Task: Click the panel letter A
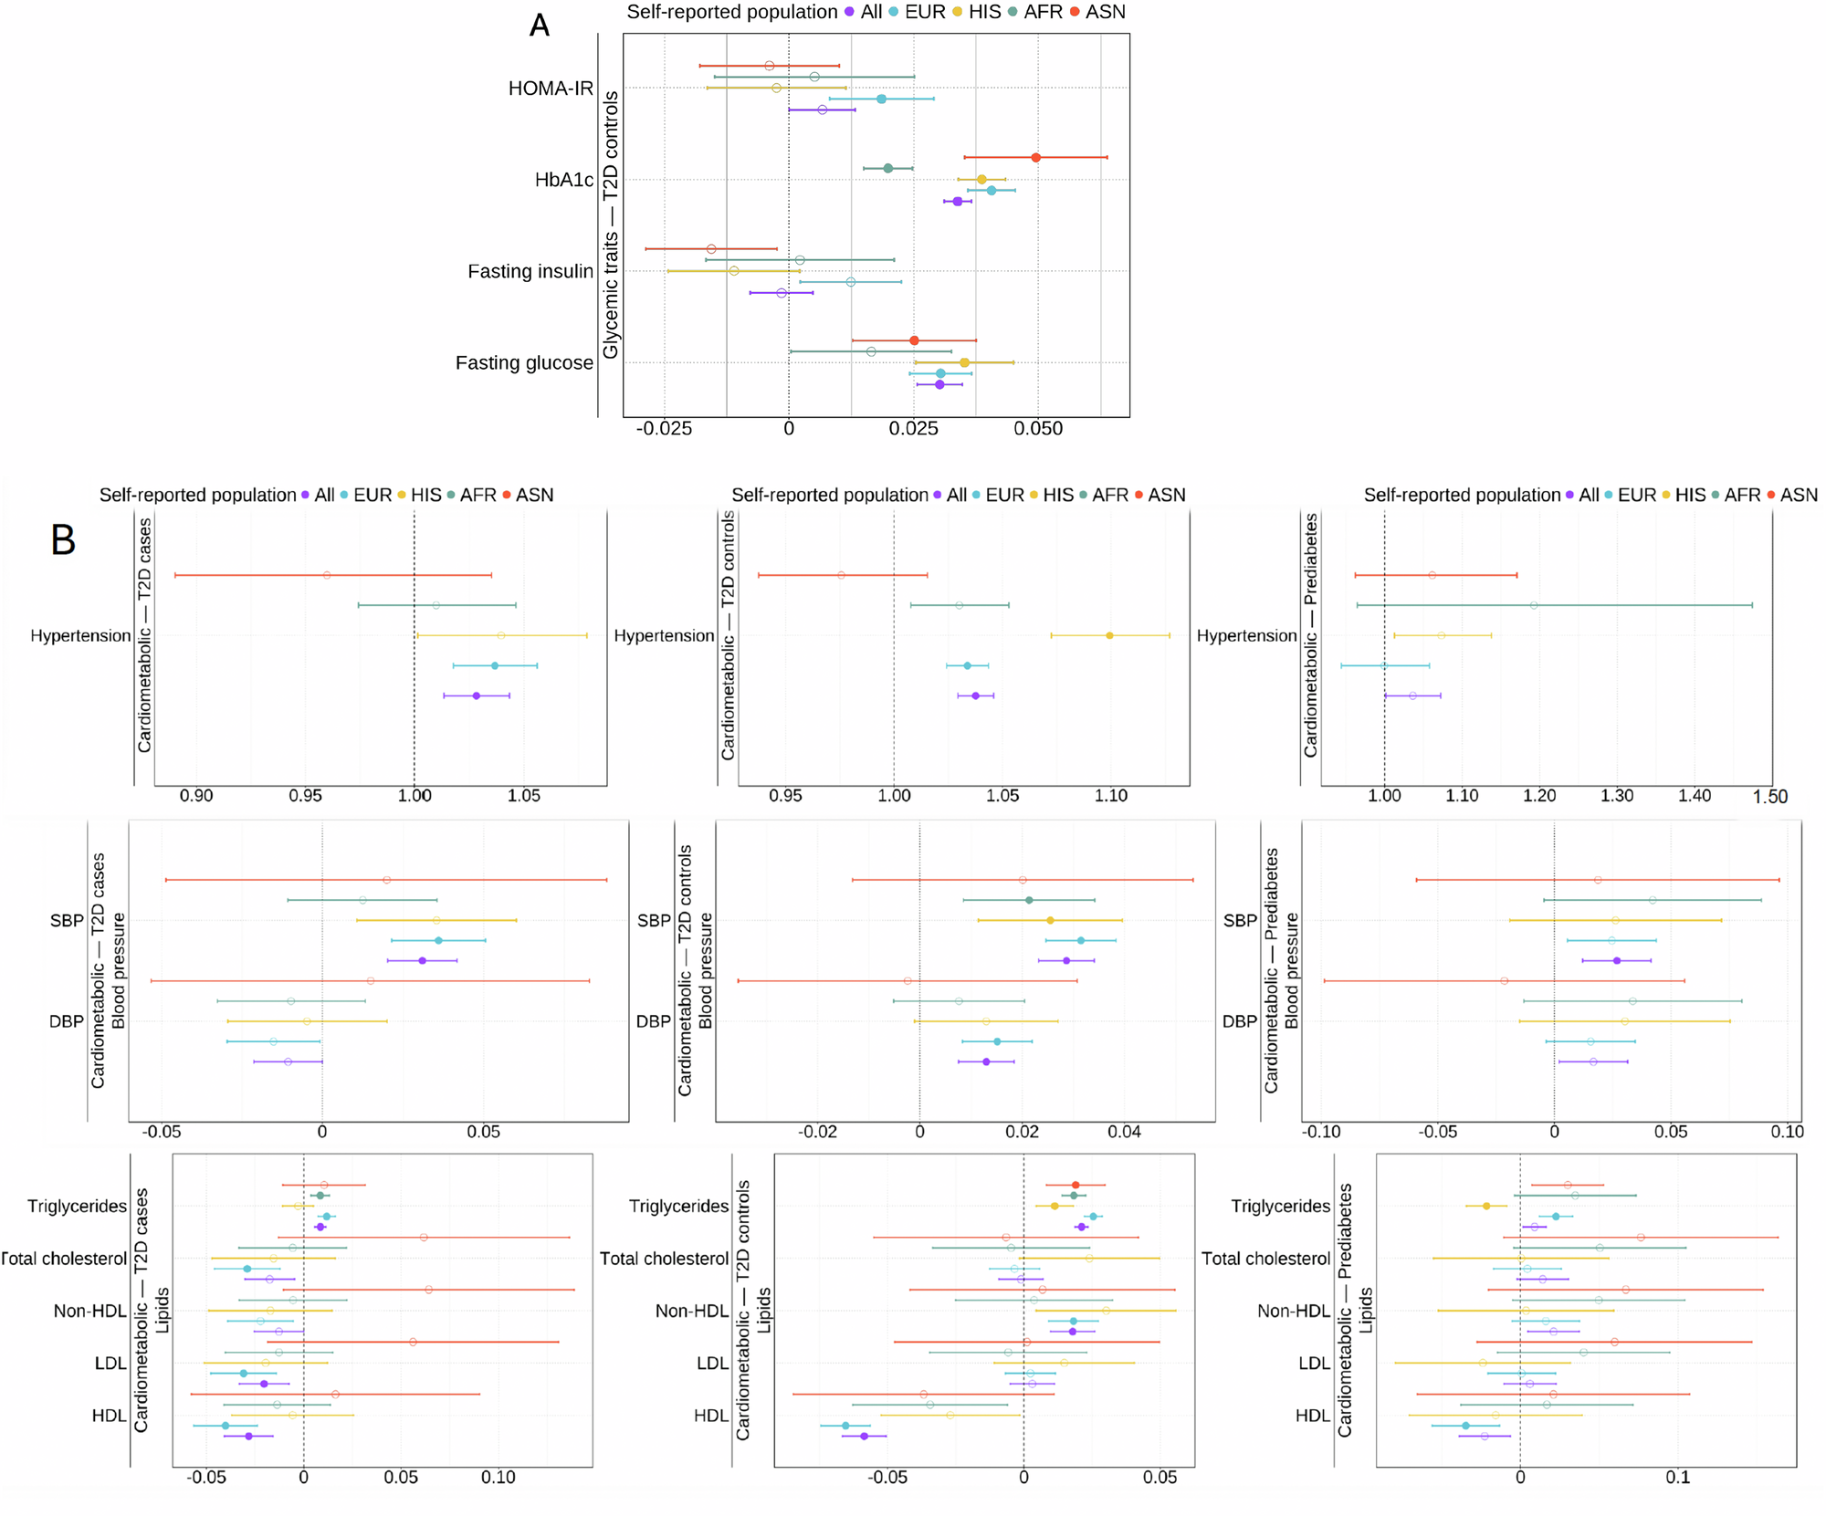[x=539, y=26]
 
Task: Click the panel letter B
[x=63, y=540]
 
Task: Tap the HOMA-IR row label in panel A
[x=551, y=89]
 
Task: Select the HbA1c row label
[x=563, y=180]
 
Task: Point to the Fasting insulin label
[x=530, y=271]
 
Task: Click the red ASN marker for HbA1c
[x=1035, y=158]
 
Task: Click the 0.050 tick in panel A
[x=1038, y=429]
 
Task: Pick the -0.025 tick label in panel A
[x=664, y=429]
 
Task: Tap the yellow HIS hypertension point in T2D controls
[x=1109, y=635]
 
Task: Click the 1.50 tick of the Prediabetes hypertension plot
[x=1769, y=797]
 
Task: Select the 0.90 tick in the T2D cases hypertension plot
[x=196, y=796]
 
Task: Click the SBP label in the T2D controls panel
[x=654, y=921]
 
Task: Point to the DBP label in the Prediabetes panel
[x=1240, y=1021]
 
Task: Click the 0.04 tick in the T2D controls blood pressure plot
[x=1125, y=1132]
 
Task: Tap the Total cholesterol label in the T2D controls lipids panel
[x=664, y=1259]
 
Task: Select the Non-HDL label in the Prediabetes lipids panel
[x=1293, y=1311]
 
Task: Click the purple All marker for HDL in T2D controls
[x=865, y=1437]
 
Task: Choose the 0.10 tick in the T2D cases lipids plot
[x=498, y=1478]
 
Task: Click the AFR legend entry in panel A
[x=1036, y=12]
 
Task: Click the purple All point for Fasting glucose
[x=939, y=385]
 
